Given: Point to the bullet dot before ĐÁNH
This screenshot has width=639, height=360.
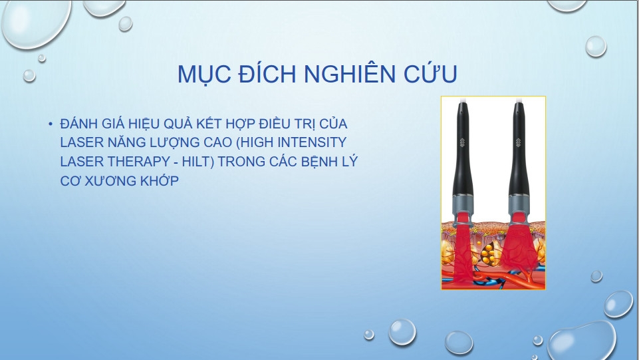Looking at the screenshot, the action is (50, 124).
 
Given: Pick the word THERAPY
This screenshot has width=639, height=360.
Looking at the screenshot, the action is (138, 162).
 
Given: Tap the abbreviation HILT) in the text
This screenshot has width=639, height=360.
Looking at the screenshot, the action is (198, 162).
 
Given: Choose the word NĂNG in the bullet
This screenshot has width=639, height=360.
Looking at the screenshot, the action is (122, 142).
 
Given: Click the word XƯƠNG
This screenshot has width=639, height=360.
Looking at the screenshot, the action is (110, 180).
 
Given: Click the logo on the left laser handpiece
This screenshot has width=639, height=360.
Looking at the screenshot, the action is (462, 142).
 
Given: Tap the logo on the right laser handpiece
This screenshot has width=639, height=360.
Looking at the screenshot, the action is (519, 142).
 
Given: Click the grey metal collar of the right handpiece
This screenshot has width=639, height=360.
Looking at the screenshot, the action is (519, 203).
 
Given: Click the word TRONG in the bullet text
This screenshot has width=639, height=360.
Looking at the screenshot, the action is (241, 162).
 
